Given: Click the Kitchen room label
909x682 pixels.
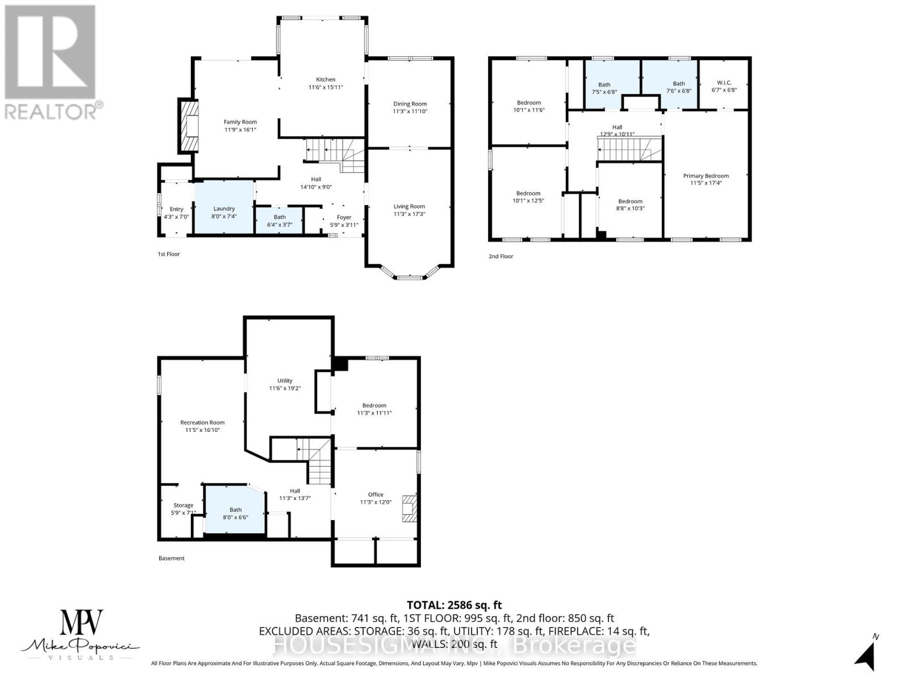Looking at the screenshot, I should pyautogui.click(x=326, y=80).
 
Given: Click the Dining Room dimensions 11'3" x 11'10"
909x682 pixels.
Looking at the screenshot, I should pyautogui.click(x=410, y=111).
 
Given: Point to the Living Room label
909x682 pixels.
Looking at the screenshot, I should pyautogui.click(x=409, y=206).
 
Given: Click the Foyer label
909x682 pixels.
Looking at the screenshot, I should pyautogui.click(x=344, y=217).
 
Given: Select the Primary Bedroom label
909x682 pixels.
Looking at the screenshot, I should pyautogui.click(x=706, y=176).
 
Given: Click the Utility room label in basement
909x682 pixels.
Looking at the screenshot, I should pyautogui.click(x=285, y=381).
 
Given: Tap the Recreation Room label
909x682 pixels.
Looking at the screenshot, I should pyautogui.click(x=202, y=422).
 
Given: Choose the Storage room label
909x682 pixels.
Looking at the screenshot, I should pyautogui.click(x=183, y=505).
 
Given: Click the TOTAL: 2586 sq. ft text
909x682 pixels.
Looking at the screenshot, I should pyautogui.click(x=454, y=605).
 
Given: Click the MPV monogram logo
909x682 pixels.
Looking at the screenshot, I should pyautogui.click(x=81, y=626).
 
